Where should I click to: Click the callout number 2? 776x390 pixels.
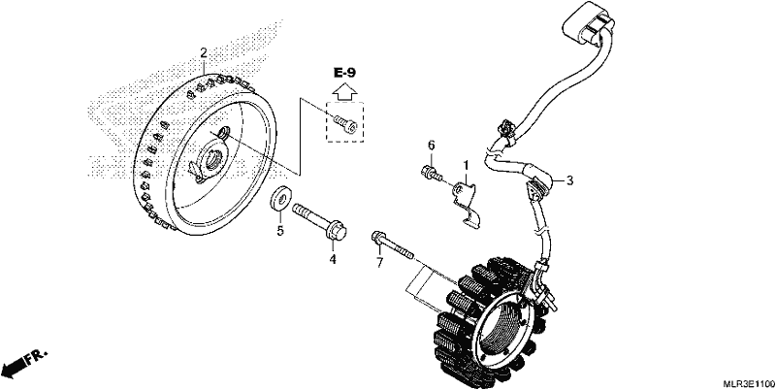204,53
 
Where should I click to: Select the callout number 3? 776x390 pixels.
570,180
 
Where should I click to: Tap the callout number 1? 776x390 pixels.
466,164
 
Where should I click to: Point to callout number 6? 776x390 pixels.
431,145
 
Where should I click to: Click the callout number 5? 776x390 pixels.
280,231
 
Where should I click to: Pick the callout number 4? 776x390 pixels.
333,259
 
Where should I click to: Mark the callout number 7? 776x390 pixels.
379,263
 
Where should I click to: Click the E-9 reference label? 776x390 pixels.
344,73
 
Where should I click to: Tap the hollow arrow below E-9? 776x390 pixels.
344,91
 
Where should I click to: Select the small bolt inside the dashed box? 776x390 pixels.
345,123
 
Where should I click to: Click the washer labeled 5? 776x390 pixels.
281,199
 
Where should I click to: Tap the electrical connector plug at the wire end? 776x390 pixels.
587,27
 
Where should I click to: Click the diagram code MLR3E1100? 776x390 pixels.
749,383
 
